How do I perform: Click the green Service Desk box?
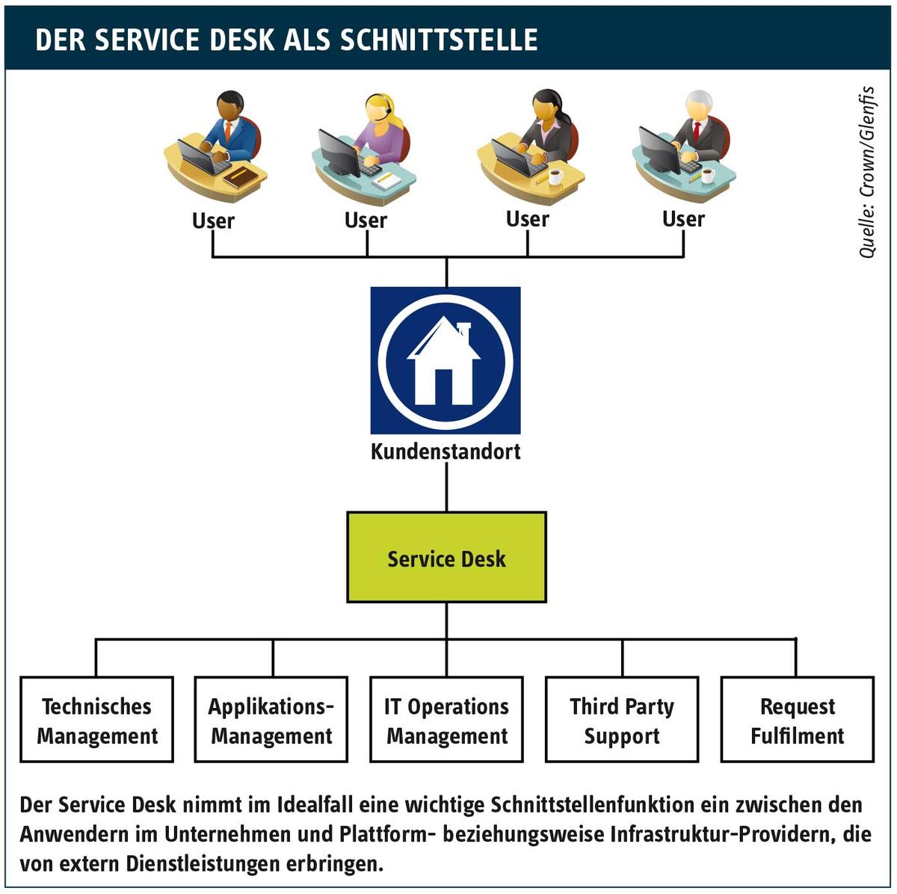[446, 558]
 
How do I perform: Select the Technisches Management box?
[97, 720]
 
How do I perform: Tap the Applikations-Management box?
[271, 720]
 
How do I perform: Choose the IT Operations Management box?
[446, 720]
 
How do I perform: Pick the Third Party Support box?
[622, 720]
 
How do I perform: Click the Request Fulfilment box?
[798, 720]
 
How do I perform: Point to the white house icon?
[443, 360]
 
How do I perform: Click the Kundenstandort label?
[446, 451]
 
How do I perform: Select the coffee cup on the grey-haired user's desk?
[708, 176]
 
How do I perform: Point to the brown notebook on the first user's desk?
[241, 177]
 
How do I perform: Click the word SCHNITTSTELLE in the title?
[439, 40]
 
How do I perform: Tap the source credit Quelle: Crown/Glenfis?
[867, 172]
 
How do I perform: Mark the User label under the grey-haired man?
[683, 219]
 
